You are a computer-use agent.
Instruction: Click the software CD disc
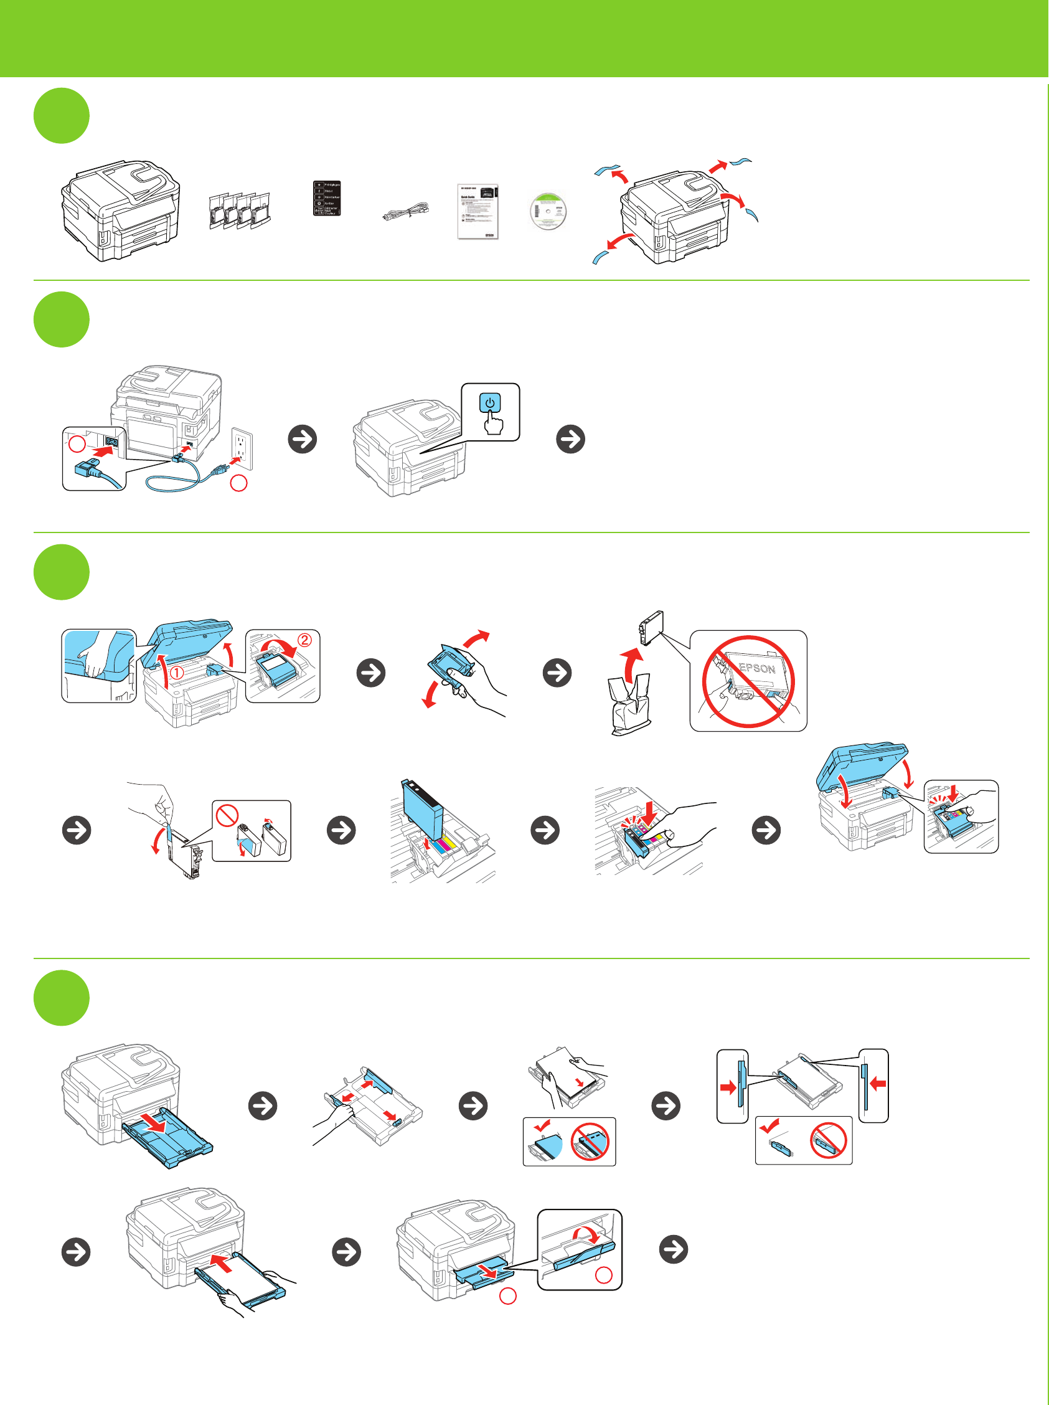point(548,211)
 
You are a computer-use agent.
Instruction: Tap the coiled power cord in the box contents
point(406,212)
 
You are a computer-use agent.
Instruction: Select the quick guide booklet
point(477,212)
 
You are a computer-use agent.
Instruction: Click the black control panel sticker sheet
point(327,198)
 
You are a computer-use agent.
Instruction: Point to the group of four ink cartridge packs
point(240,211)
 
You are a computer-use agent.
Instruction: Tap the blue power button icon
point(489,403)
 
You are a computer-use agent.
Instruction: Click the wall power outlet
point(242,448)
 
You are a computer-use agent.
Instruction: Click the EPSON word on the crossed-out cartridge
point(757,668)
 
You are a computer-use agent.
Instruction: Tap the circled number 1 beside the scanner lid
point(176,672)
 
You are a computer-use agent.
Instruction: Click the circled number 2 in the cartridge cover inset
point(305,640)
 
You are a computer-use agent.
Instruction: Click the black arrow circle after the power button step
point(570,439)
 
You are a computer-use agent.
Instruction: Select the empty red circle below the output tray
point(508,1297)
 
